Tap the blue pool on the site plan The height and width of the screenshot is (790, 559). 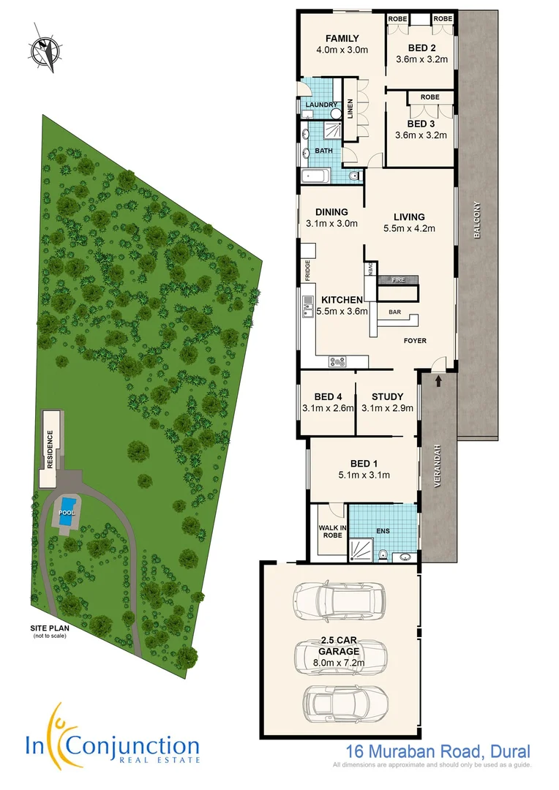coord(68,505)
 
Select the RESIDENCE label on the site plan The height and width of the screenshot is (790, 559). coord(50,451)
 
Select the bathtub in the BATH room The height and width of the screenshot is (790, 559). coord(315,176)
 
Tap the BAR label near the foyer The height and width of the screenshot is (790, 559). coord(394,312)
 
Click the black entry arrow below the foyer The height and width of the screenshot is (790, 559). coord(438,380)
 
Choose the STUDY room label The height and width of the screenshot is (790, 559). coord(387,397)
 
